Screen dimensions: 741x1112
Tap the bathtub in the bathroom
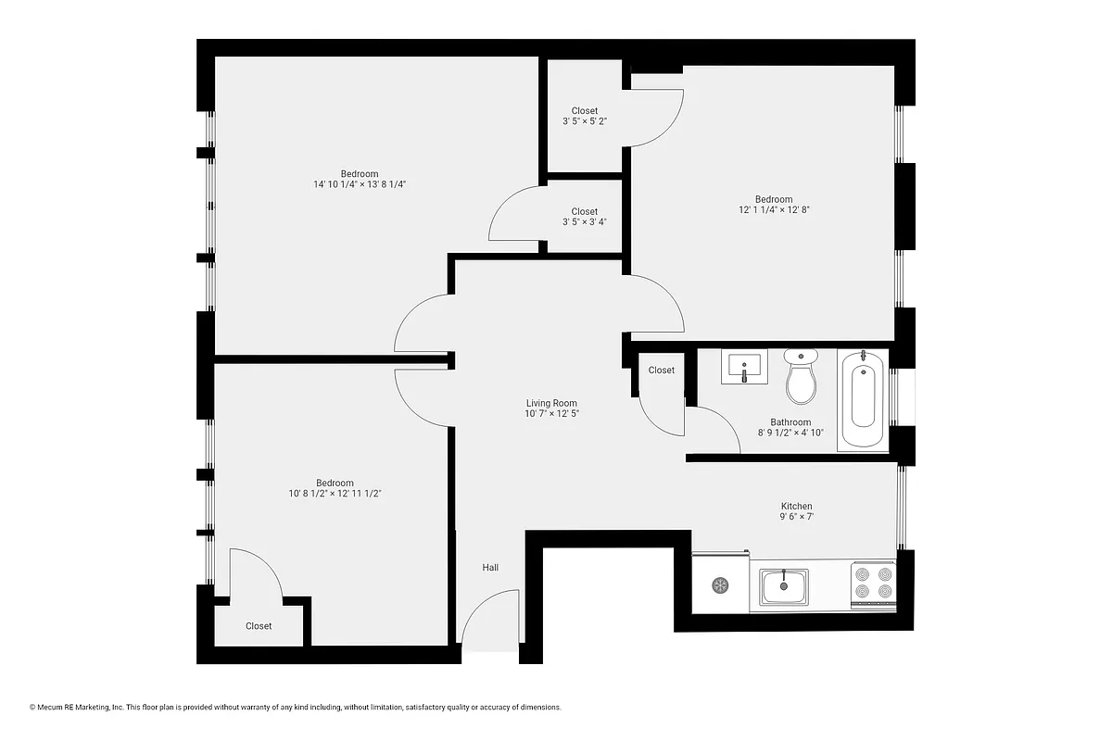863,400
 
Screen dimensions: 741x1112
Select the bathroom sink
744,368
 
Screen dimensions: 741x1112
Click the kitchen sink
784,585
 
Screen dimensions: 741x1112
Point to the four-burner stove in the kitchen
873,584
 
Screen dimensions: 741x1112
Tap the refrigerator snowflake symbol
720,584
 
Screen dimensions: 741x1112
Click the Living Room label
551,403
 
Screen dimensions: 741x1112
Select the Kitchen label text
796,506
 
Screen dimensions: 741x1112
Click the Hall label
490,567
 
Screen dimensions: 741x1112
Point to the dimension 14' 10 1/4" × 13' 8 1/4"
360,184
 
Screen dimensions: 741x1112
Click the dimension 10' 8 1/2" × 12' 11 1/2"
335,494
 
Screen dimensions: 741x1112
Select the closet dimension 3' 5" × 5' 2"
584,121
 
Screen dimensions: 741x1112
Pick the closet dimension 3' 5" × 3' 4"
584,222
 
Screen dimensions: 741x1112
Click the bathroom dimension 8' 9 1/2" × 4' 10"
790,433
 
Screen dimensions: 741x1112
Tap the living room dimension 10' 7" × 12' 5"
551,414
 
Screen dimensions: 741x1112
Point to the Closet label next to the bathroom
662,370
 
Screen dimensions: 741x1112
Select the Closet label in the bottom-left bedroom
259,626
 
